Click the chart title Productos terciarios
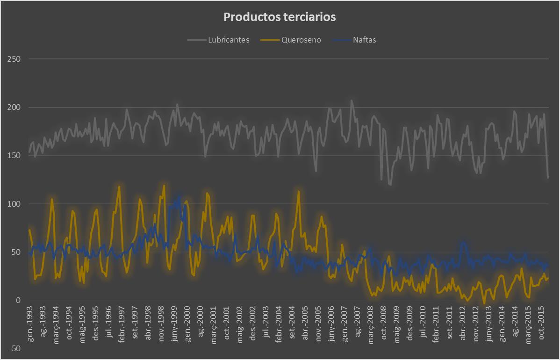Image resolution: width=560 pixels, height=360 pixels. (x=280, y=17)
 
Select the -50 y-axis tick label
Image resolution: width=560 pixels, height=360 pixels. (x=14, y=348)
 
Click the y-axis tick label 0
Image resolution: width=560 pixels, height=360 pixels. (x=18, y=300)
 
